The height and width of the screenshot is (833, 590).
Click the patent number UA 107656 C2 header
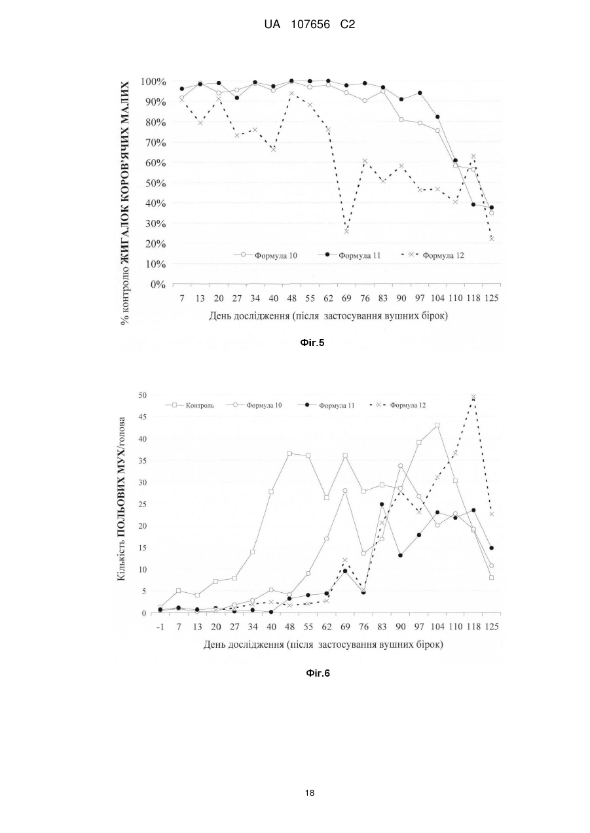[x=309, y=25]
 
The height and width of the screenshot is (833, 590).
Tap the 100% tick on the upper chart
[x=153, y=81]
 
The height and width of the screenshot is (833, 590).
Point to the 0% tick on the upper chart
[x=158, y=285]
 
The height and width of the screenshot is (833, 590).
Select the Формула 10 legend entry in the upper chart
[x=265, y=255]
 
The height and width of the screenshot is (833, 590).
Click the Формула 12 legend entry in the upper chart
[x=433, y=255]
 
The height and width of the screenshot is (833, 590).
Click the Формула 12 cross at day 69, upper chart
[x=346, y=232]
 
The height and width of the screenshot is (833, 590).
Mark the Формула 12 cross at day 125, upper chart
[x=491, y=238]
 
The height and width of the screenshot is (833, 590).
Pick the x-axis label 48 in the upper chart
[x=291, y=298]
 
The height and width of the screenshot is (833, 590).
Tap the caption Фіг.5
[x=312, y=343]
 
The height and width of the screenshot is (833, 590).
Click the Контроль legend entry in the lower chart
[x=190, y=405]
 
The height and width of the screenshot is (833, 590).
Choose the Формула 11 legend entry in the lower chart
[x=327, y=405]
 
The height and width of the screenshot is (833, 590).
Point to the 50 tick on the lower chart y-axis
[x=143, y=395]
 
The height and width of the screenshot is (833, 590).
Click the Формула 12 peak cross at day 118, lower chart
[x=473, y=397]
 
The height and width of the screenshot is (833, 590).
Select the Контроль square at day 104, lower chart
[x=437, y=425]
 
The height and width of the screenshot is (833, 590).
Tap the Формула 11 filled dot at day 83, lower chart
[x=382, y=505]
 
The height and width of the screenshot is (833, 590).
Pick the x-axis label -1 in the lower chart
[x=160, y=627]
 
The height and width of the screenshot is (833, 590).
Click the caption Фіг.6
[x=318, y=673]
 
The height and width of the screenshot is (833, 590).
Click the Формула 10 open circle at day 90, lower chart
[x=401, y=466]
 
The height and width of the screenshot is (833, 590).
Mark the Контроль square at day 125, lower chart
[x=491, y=578]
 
